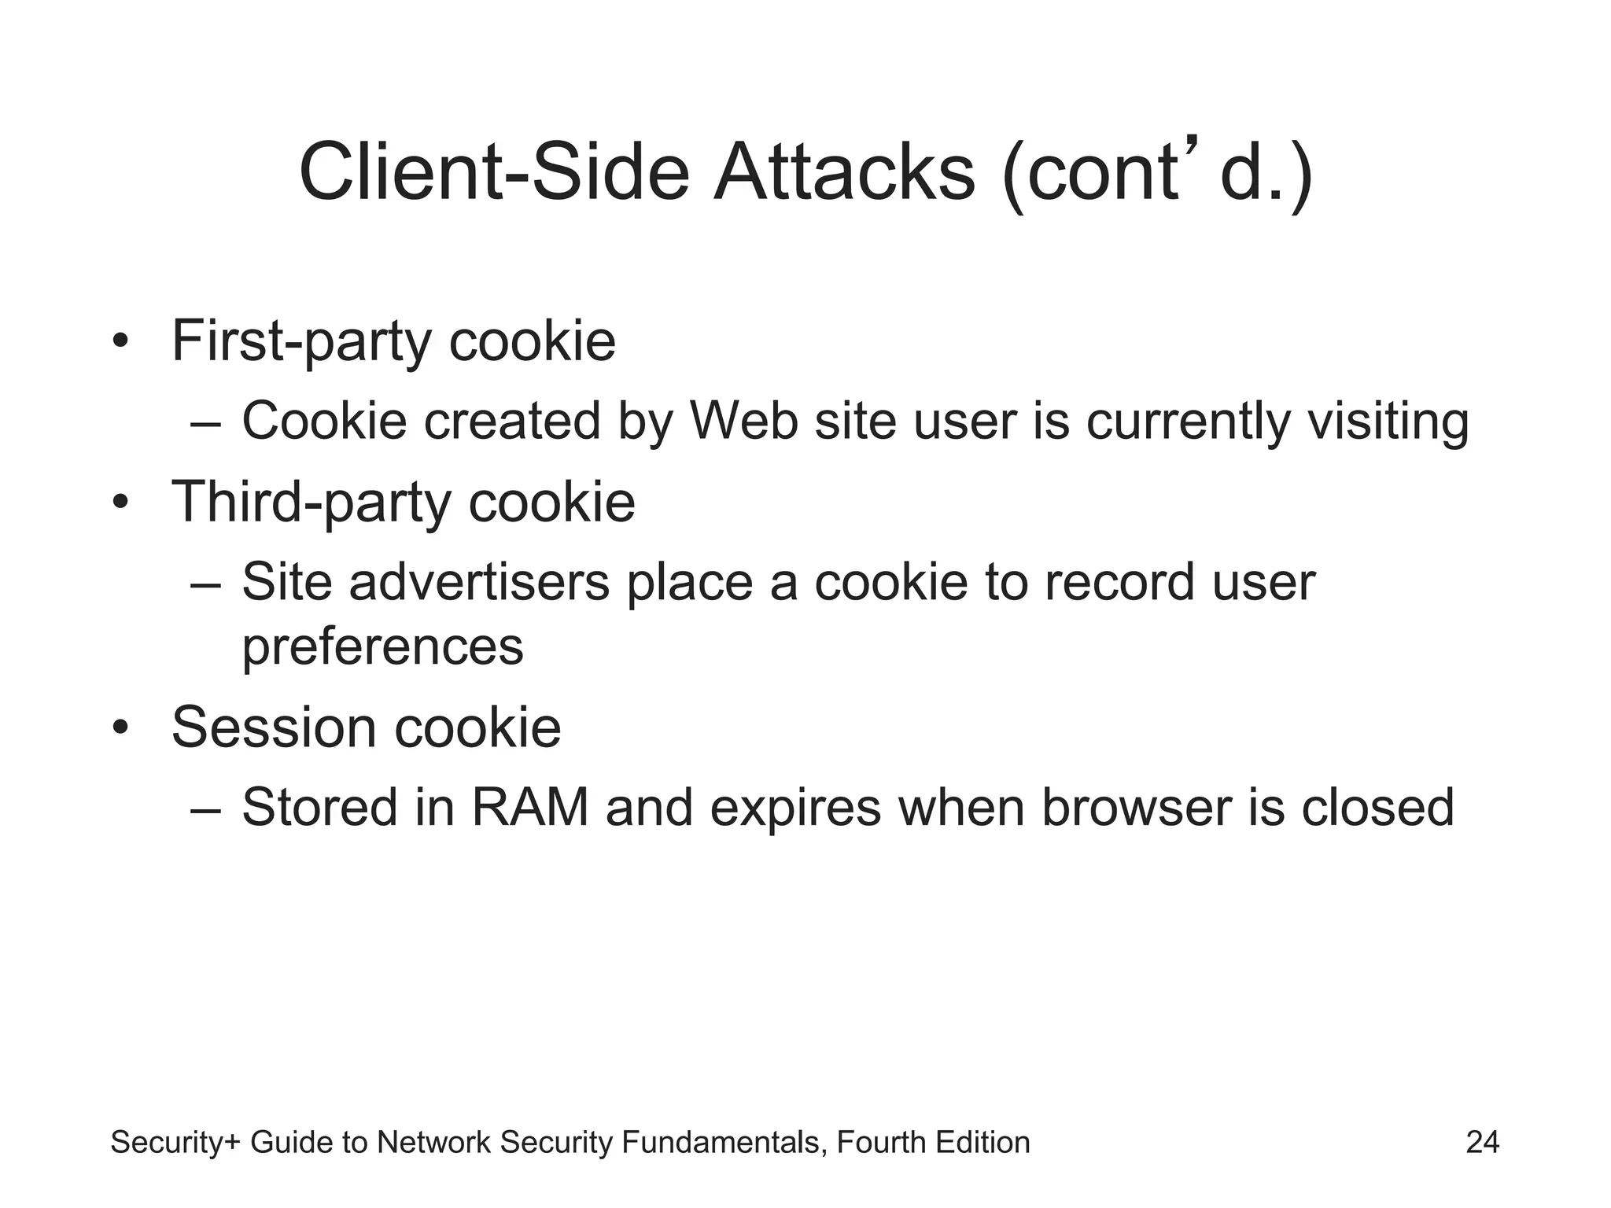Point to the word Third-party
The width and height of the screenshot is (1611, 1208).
(312, 503)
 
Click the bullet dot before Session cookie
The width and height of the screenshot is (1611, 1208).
(120, 727)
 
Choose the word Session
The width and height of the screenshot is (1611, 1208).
(275, 727)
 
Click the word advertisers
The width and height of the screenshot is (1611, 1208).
(479, 583)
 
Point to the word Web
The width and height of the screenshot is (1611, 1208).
(743, 421)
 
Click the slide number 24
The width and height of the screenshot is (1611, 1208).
(1482, 1142)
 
